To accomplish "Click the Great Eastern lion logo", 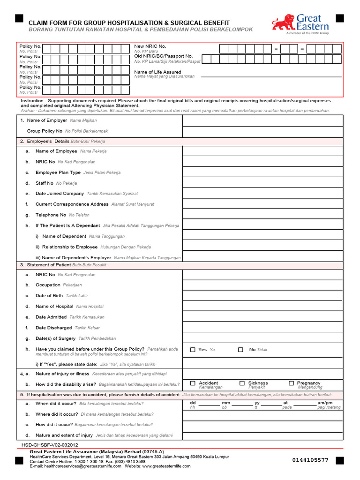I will [x=283, y=22].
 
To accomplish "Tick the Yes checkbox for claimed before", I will [x=193, y=350].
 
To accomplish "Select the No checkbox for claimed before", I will [x=240, y=350].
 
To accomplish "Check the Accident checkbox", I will [x=193, y=383].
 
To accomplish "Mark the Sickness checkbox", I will [x=242, y=383].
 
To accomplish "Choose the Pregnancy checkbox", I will [x=291, y=383].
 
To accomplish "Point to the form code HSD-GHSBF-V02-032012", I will [x=50, y=445].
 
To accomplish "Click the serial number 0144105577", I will [x=310, y=460].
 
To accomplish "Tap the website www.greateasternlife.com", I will [x=166, y=466].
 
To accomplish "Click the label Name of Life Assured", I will [x=157, y=72].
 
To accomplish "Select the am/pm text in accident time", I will [x=325, y=403].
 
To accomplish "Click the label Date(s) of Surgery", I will [x=55, y=338].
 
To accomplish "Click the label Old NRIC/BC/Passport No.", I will [x=164, y=56].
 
